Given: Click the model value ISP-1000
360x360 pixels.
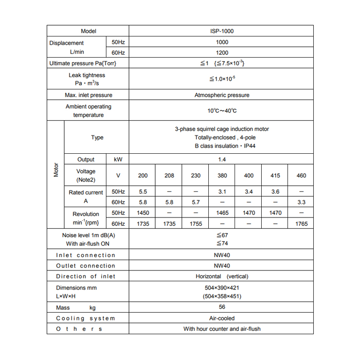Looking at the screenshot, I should pyautogui.click(x=222, y=31).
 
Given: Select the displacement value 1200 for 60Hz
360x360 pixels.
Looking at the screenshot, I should pyautogui.click(x=222, y=53).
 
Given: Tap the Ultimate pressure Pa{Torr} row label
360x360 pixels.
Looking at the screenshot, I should pyautogui.click(x=83, y=63).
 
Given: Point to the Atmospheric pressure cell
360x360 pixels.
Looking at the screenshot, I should pyautogui.click(x=222, y=95).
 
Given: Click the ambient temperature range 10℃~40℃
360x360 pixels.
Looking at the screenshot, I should pyautogui.click(x=222, y=111).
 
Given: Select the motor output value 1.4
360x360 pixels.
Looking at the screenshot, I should pyautogui.click(x=222, y=159).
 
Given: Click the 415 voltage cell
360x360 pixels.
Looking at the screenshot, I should pyautogui.click(x=275, y=175).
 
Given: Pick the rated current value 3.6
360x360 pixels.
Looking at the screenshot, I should pyautogui.click(x=275, y=192).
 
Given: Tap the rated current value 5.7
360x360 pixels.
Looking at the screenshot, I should pyautogui.click(x=196, y=203).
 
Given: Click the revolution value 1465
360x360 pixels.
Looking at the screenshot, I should pyautogui.click(x=222, y=212).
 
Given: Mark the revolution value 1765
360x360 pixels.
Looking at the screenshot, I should pyautogui.click(x=301, y=224).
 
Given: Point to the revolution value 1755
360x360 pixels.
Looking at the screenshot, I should pyautogui.click(x=196, y=224).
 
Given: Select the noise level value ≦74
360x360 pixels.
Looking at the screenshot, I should pyautogui.click(x=222, y=243).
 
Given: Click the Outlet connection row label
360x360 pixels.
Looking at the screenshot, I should pyautogui.click(x=85, y=266).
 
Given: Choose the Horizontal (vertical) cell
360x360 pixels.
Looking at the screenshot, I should pyautogui.click(x=222, y=276).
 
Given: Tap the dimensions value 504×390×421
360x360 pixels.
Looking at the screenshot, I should pyautogui.click(x=222, y=287).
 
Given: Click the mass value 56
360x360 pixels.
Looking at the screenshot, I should pyautogui.click(x=222, y=307).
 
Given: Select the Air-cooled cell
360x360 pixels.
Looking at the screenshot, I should pyautogui.click(x=222, y=318).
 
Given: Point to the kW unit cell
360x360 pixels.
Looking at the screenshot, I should pyautogui.click(x=118, y=159).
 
